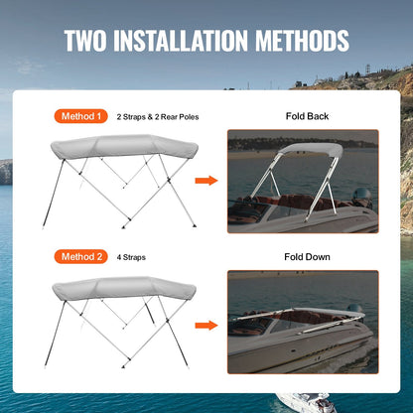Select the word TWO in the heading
pyautogui.click(x=89, y=41)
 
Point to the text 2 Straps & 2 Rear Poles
pyautogui.click(x=158, y=117)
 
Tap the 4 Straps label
pyautogui.click(x=132, y=257)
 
